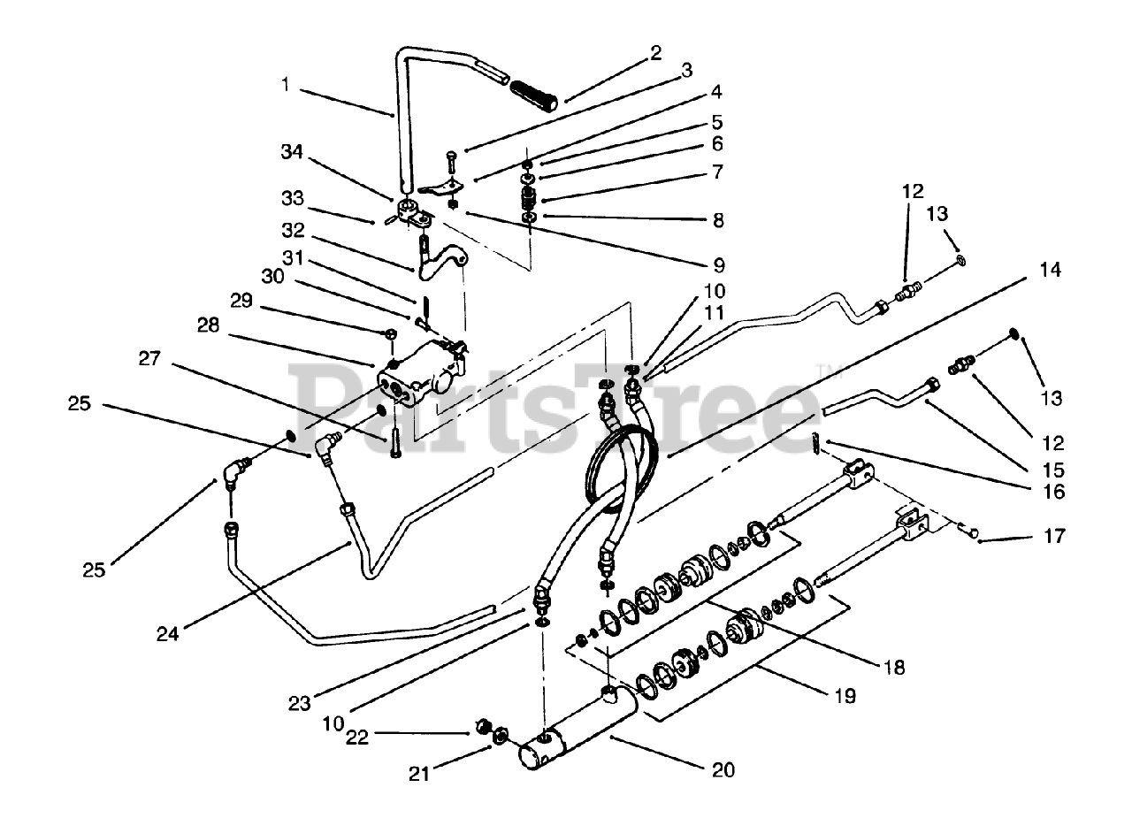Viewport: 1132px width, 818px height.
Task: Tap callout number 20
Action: coord(723,770)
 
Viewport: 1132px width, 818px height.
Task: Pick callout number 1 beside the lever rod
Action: coord(286,86)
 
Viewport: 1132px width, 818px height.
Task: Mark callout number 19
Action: coord(844,696)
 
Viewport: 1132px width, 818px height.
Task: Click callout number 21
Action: coord(419,774)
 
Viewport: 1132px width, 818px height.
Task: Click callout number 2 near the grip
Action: coord(654,53)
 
